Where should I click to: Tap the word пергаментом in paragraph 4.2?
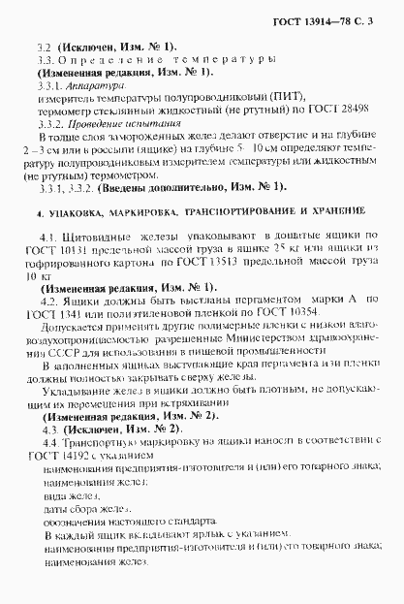tap(230, 302)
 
